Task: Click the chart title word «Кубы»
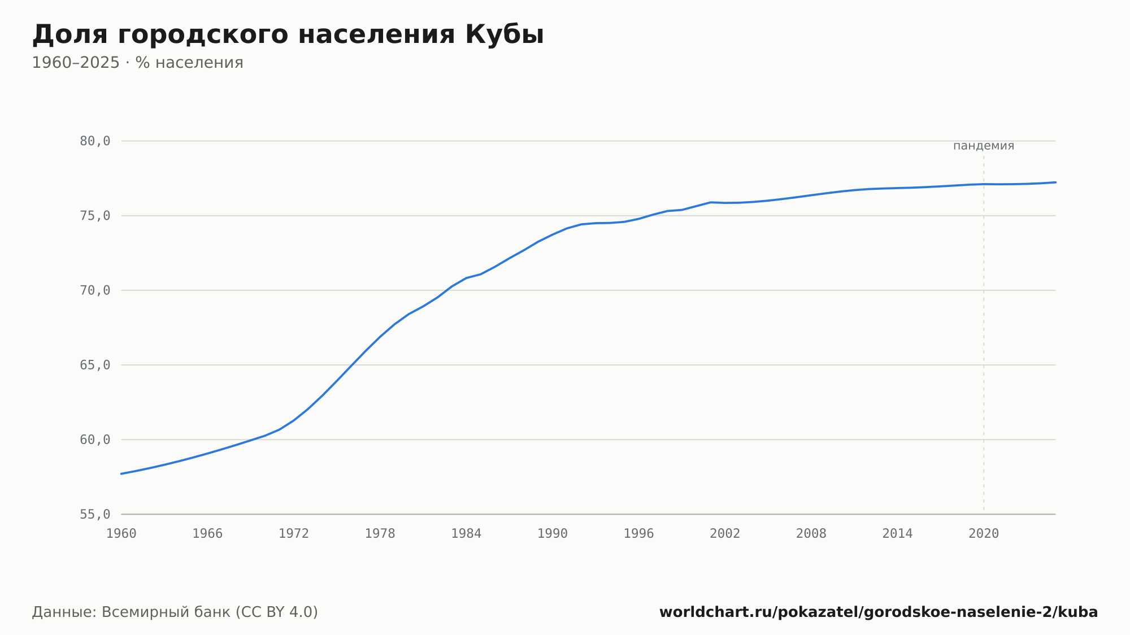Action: pos(505,35)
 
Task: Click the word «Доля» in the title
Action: pos(69,36)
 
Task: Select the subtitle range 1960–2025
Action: pos(76,63)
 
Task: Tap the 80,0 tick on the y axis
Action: pos(95,141)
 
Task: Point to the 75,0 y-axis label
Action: pos(95,216)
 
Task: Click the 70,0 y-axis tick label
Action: pos(95,290)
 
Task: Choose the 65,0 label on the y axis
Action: pos(95,365)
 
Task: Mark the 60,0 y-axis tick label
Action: pos(95,440)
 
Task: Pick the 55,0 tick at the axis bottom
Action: pos(95,514)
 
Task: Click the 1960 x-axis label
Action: pos(121,534)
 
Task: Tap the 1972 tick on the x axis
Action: pos(294,534)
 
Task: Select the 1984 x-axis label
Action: pos(466,534)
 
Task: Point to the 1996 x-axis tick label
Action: pos(638,534)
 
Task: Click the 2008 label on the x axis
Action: pos(811,534)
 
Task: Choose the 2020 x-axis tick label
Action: pos(984,534)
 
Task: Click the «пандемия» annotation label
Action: pos(984,146)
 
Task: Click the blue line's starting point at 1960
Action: pos(121,473)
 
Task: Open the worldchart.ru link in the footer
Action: pos(879,612)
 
